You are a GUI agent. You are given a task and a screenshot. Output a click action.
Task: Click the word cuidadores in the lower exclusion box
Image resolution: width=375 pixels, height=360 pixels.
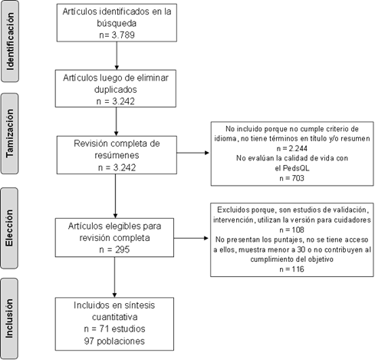click(x=349, y=218)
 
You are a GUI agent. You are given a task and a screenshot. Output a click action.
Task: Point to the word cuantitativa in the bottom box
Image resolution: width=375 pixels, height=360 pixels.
click(x=114, y=318)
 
